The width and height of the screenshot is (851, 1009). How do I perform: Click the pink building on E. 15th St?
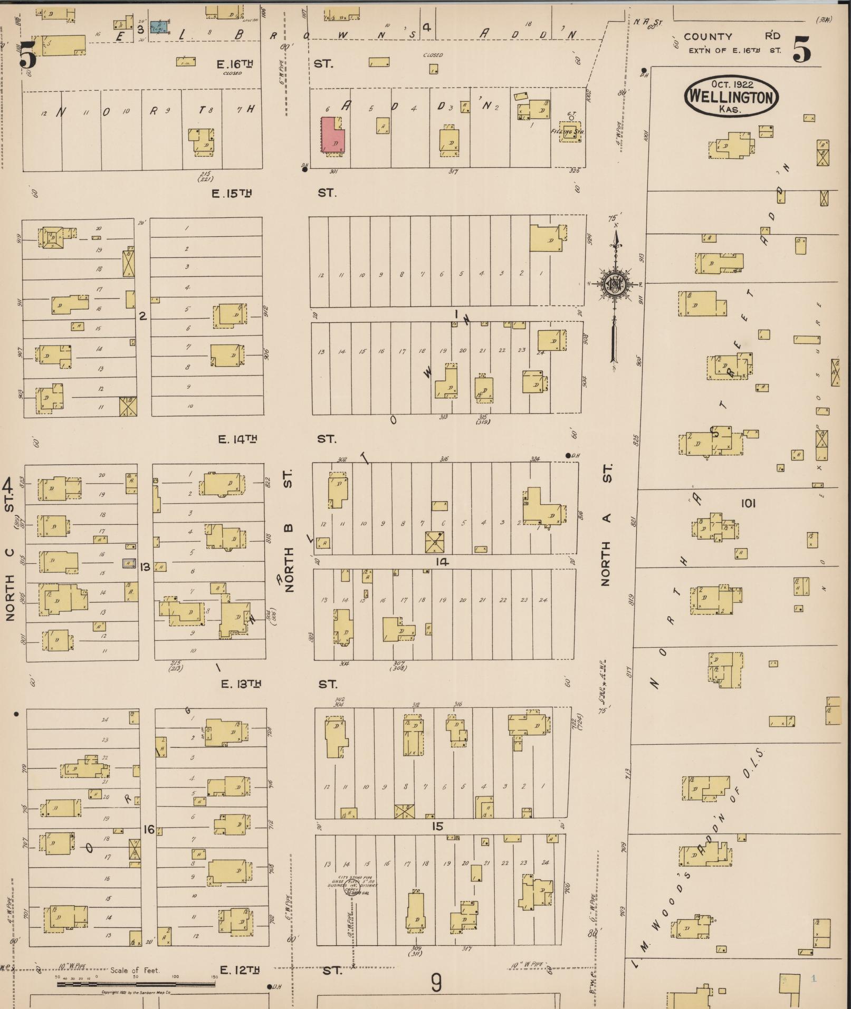click(333, 135)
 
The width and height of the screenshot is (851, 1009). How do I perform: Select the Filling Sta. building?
click(569, 132)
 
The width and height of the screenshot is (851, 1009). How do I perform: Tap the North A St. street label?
click(606, 525)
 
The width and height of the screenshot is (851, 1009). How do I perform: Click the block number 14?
click(442, 562)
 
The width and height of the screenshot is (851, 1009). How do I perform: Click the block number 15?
click(437, 826)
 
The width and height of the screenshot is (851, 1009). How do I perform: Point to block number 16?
click(149, 830)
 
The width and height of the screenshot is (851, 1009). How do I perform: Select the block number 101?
click(748, 503)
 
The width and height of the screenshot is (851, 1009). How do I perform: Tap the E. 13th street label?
click(241, 684)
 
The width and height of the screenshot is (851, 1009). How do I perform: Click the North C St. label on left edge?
click(9, 549)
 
